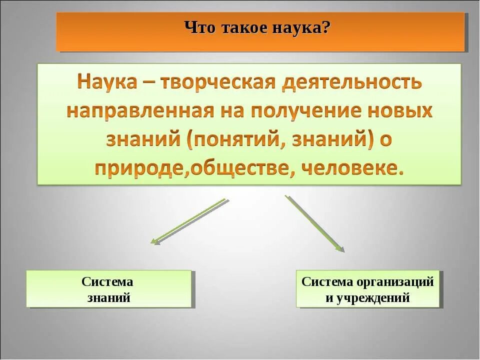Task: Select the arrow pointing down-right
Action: pyautogui.click(x=314, y=223)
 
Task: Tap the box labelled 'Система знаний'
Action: pyautogui.click(x=108, y=289)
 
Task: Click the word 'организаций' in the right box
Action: pyautogui.click(x=395, y=281)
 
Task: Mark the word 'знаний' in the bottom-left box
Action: pyautogui.click(x=108, y=298)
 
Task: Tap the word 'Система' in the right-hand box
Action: pyautogui.click(x=327, y=281)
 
